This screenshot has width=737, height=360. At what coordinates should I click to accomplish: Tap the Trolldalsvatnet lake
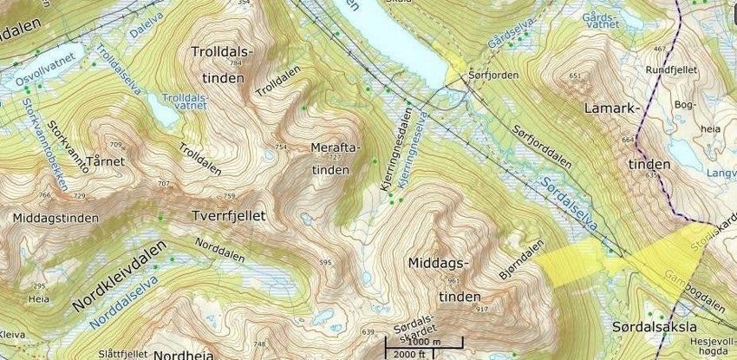click(160, 109)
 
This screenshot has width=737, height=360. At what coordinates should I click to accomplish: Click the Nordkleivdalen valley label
click(120, 275)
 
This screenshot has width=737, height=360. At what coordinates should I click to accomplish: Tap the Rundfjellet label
click(672, 69)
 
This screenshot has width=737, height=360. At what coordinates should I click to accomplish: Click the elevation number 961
click(452, 280)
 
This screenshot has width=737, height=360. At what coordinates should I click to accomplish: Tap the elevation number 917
click(482, 309)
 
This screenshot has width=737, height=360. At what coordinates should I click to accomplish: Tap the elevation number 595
click(325, 262)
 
